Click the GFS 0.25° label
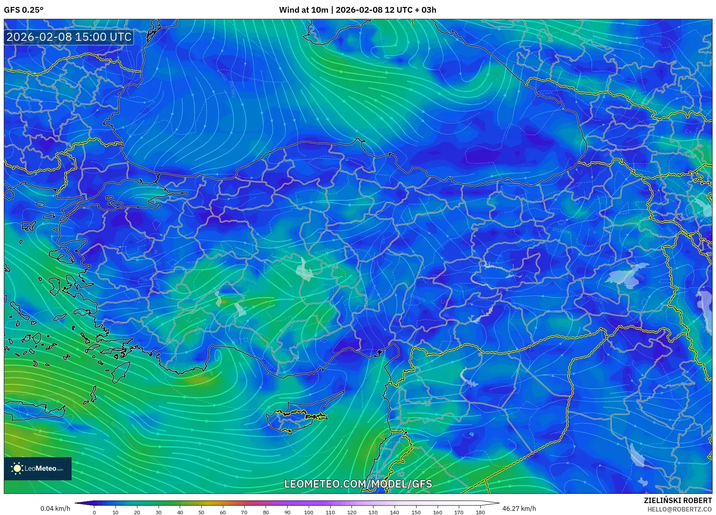point(23,10)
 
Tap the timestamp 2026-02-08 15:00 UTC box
point(69,37)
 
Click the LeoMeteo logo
point(38,468)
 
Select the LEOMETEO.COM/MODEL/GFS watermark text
point(358,484)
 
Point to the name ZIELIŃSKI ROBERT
point(678,500)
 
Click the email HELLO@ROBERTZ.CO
point(679,509)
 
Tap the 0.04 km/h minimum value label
point(55,508)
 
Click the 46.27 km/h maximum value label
point(519,508)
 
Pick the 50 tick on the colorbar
point(201,512)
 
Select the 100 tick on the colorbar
point(308,512)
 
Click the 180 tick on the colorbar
point(480,512)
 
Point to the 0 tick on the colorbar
point(94,512)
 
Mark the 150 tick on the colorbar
point(416,512)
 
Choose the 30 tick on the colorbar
point(159,512)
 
